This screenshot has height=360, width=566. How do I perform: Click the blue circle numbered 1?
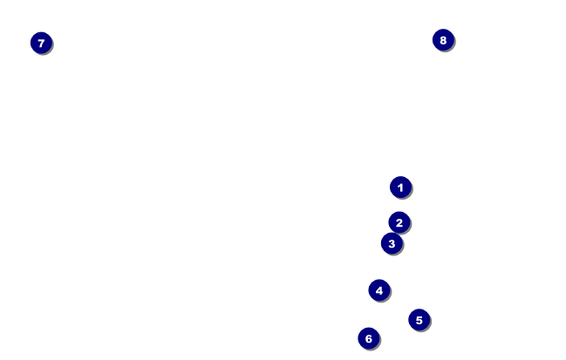(x=400, y=187)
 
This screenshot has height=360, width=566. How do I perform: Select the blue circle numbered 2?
(x=399, y=222)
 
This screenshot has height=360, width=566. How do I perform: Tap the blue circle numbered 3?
(x=392, y=243)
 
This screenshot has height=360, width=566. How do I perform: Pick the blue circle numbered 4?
(x=378, y=290)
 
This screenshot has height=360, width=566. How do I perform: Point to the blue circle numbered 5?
(x=419, y=320)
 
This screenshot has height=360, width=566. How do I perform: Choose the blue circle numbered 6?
(x=368, y=338)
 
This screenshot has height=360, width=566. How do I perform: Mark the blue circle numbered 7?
(x=41, y=43)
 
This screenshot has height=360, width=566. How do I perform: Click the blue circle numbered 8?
(x=443, y=39)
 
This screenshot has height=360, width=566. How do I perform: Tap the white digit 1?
(x=400, y=187)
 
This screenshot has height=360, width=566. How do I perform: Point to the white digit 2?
(x=399, y=222)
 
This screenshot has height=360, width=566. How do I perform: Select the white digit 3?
(x=392, y=243)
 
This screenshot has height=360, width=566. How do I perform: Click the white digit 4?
(x=378, y=290)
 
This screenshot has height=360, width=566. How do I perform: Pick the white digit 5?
(x=419, y=320)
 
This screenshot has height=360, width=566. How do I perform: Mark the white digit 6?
(x=368, y=338)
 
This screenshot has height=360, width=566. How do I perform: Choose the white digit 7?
(x=41, y=43)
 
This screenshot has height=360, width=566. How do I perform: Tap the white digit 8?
(x=443, y=39)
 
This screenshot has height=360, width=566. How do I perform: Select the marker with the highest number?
(x=443, y=39)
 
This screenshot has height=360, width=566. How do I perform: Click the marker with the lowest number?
(x=400, y=187)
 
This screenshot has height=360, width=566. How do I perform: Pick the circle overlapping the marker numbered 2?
(x=392, y=243)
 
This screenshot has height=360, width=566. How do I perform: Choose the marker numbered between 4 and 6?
(x=419, y=320)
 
